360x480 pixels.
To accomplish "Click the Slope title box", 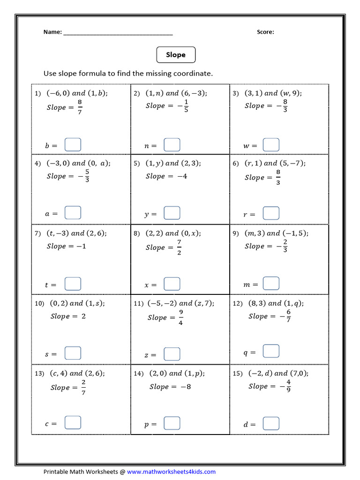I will coord(176,55).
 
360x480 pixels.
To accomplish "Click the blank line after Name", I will coord(118,33).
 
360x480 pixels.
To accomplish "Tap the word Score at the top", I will coord(265,32).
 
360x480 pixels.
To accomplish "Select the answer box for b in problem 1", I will coord(73,144).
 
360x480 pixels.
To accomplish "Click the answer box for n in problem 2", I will coord(172,144).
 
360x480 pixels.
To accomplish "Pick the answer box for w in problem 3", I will coord(271,144).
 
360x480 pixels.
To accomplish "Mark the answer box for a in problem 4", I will coord(73,213).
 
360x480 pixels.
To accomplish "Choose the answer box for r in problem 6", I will coord(271,213).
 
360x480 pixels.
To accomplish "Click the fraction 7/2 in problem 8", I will coord(179,247).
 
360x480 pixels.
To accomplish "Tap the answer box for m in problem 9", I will coord(271,283).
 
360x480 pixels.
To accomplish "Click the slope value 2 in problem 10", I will coord(83,316).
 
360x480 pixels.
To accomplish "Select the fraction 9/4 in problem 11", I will coord(180,317).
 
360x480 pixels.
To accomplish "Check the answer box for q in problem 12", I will coord(271,351).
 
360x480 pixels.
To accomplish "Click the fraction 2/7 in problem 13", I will coord(83,387).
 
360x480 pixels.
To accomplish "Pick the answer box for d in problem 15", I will coord(271,423).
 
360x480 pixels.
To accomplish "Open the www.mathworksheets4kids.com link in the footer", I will coord(171,472).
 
